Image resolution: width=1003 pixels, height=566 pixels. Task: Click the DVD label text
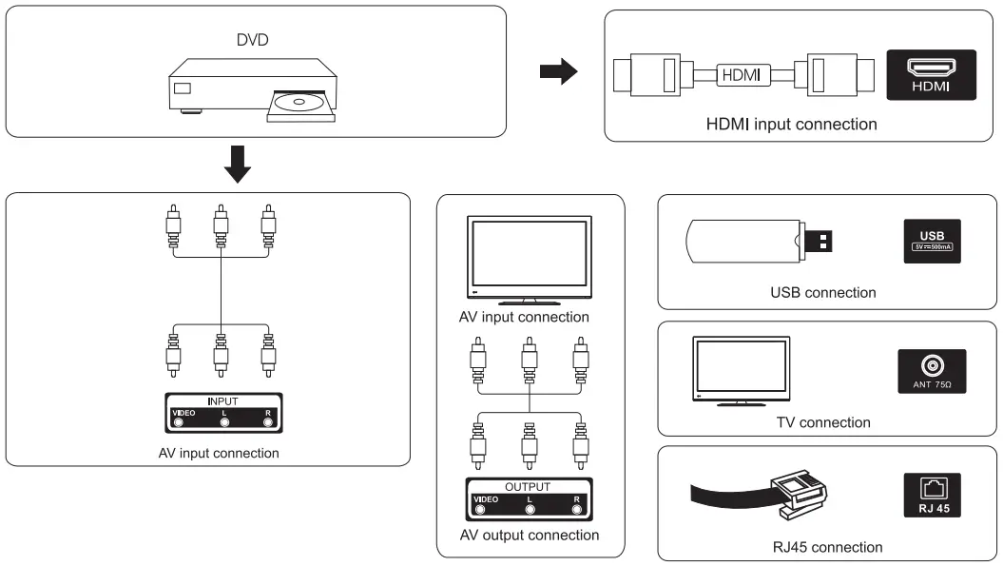[252, 42]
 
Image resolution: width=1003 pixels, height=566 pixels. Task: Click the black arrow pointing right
[558, 71]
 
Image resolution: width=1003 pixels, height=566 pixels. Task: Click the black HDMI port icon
[931, 75]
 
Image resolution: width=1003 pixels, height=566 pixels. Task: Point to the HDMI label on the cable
[742, 74]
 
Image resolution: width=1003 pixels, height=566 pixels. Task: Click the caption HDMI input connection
[791, 124]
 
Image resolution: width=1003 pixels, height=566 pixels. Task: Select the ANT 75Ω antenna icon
[932, 371]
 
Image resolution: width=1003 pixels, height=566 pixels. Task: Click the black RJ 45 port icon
[932, 495]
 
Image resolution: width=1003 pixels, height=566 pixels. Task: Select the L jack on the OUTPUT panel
[530, 509]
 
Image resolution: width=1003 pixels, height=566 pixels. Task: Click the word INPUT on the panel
[223, 401]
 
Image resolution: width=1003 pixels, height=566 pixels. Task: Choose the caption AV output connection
[530, 535]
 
